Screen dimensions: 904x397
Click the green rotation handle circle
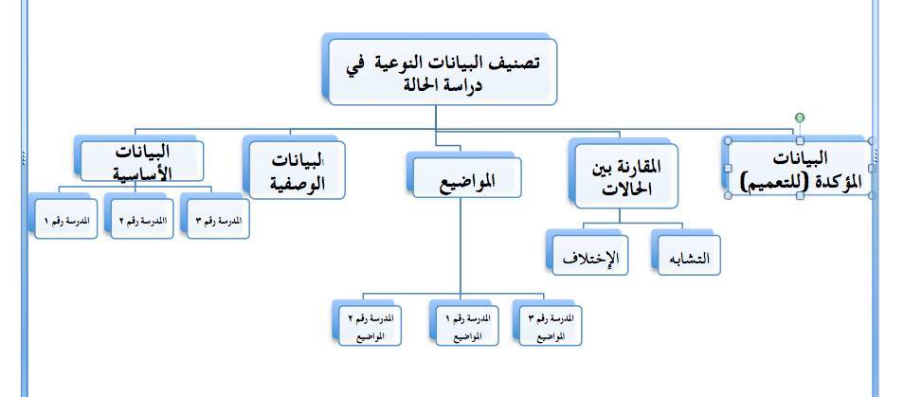pos(800,118)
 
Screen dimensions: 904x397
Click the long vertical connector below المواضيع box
pos(461,245)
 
